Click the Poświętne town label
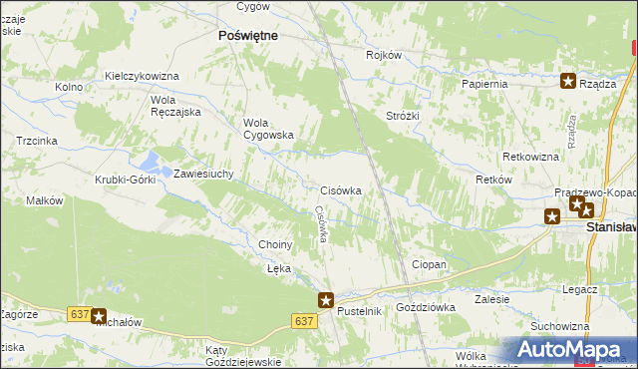point(247,34)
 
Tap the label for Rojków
point(383,56)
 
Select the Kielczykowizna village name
point(142,76)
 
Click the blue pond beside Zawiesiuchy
point(151,160)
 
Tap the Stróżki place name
point(403,116)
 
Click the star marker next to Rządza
point(568,83)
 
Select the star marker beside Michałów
point(98,316)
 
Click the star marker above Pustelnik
point(325,298)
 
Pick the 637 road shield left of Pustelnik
point(305,321)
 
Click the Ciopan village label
point(429,264)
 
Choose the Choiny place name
point(275,244)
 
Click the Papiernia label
point(484,84)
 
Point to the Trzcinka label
point(36,142)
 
